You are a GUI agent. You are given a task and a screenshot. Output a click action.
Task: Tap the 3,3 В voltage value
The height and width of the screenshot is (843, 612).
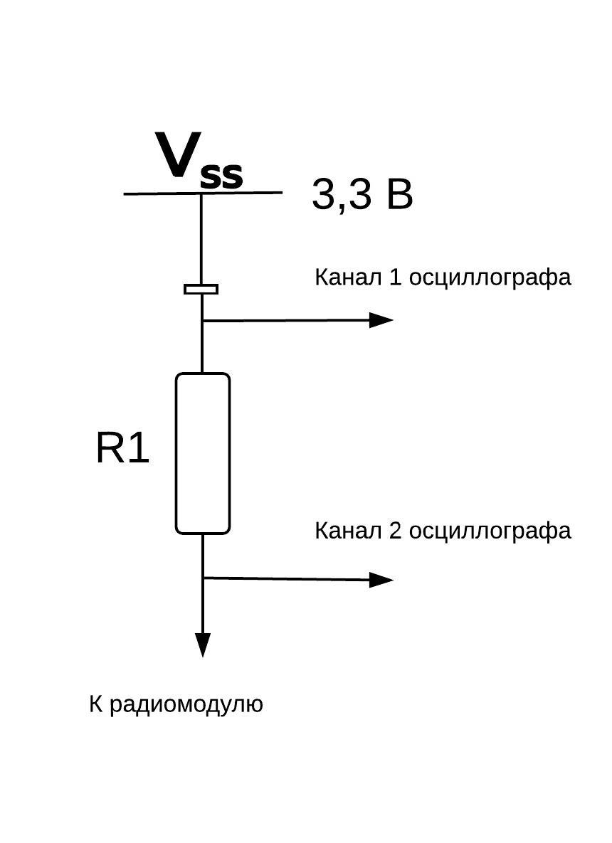[362, 194]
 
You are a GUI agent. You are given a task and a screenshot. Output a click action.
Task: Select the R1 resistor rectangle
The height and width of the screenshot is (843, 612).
[203, 453]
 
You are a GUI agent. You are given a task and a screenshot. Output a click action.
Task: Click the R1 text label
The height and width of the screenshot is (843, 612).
[122, 449]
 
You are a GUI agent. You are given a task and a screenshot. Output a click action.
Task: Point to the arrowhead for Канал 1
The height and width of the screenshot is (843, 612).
[382, 320]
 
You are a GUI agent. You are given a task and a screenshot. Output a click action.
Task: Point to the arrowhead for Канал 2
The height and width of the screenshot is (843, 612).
[382, 580]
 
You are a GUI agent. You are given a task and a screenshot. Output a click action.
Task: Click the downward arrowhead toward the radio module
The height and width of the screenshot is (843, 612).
[204, 644]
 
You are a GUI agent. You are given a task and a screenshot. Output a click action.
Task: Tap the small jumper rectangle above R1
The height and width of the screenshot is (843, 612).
[201, 289]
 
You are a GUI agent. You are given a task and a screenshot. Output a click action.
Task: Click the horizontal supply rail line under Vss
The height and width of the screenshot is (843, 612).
[242, 192]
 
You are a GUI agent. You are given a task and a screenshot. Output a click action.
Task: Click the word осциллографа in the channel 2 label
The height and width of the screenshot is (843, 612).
[490, 531]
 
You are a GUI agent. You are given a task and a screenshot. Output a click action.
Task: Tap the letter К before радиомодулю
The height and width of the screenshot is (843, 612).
[95, 704]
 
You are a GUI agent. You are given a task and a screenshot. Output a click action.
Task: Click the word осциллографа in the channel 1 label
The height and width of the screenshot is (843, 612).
[490, 277]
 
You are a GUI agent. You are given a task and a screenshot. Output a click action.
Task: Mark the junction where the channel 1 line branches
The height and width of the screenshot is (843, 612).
[203, 321]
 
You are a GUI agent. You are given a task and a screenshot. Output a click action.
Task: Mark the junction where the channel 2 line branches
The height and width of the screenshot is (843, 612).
[204, 578]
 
